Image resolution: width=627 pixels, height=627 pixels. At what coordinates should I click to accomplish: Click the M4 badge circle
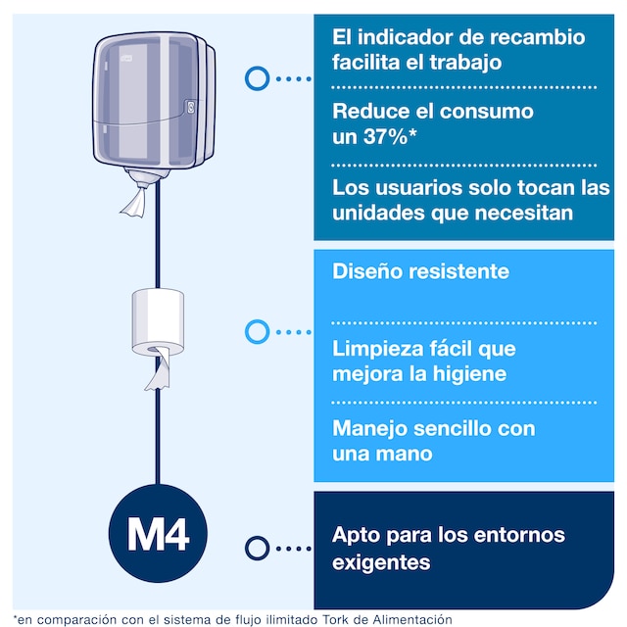(158, 533)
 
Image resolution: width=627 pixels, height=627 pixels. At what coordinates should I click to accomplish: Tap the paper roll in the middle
(158, 322)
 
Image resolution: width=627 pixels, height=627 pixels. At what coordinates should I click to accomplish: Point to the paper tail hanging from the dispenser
(134, 203)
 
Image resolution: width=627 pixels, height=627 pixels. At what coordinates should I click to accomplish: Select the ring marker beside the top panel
(257, 78)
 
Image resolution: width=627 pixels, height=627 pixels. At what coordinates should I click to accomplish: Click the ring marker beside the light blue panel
(257, 331)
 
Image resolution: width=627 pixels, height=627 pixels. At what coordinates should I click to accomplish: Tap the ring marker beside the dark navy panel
(257, 548)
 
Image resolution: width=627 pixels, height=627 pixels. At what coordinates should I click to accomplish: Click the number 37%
(385, 137)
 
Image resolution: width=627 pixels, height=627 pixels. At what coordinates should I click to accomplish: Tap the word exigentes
(381, 562)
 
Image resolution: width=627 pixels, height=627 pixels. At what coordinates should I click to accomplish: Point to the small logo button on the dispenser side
(190, 107)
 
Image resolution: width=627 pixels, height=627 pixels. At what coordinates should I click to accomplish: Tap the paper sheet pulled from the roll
(159, 368)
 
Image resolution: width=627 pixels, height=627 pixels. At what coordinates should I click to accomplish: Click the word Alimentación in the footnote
(412, 619)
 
